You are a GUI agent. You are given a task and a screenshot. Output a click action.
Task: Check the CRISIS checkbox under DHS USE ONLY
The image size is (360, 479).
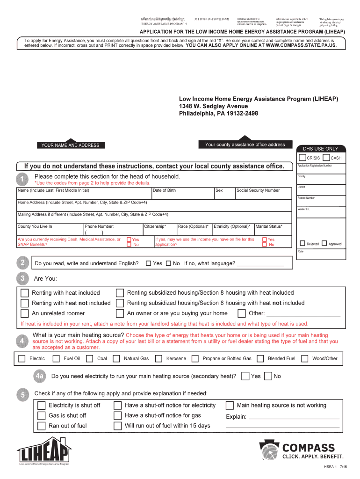tap(302, 158)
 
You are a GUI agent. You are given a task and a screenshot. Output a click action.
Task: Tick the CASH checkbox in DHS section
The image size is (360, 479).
tap(326, 158)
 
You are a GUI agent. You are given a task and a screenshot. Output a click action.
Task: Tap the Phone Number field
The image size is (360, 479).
tap(112, 232)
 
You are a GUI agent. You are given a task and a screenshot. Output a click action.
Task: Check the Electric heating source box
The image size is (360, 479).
tap(22, 359)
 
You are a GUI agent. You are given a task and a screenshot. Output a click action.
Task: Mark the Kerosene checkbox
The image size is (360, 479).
tap(159, 359)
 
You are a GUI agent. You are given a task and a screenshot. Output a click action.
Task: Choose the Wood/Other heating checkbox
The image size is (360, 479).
tap(305, 359)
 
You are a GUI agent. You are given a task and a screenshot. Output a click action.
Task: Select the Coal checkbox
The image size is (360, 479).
tap(90, 359)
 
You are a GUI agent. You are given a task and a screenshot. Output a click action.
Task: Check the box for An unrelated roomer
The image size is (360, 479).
tap(24, 313)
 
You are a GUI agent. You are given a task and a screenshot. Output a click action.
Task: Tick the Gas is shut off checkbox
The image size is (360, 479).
tap(42, 415)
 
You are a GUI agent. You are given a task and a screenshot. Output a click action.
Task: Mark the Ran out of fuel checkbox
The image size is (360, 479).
tap(42, 426)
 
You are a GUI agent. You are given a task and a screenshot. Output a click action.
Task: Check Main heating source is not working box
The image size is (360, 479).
tap(230, 405)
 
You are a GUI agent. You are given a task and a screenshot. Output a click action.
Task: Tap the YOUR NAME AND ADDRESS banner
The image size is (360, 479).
tap(70, 145)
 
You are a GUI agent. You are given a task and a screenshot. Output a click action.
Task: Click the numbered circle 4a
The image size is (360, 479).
tap(40, 376)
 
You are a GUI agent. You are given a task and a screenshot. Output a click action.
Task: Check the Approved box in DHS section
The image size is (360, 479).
tap(324, 243)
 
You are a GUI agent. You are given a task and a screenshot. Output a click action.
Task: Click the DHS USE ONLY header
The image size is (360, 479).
tap(320, 149)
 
